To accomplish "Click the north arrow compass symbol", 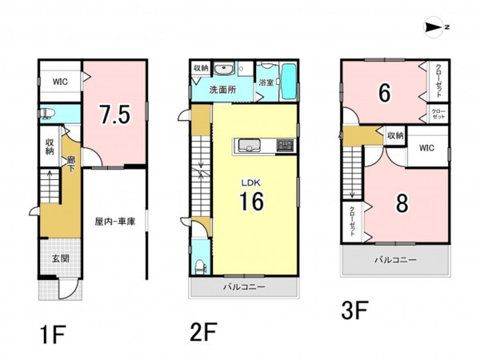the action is pyautogui.click(x=434, y=27).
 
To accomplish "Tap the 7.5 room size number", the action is pyautogui.click(x=115, y=114).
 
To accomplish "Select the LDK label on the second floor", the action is pyautogui.click(x=250, y=183).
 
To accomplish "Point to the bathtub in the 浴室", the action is pyautogui.click(x=288, y=81).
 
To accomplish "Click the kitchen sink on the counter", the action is pyautogui.click(x=249, y=145).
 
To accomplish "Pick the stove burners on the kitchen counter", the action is pyautogui.click(x=285, y=145).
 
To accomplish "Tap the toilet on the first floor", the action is pyautogui.click(x=47, y=114).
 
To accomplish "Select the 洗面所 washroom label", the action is pyautogui.click(x=222, y=90).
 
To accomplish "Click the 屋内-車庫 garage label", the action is pyautogui.click(x=115, y=222).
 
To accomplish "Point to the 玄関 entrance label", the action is pyautogui.click(x=60, y=258).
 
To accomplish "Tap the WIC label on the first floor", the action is pyautogui.click(x=60, y=82).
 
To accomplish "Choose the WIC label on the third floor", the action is pyautogui.click(x=426, y=148).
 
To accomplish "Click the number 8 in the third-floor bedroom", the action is pyautogui.click(x=402, y=203).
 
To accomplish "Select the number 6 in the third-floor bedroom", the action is pyautogui.click(x=385, y=93).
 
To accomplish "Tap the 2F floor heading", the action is pyautogui.click(x=203, y=332).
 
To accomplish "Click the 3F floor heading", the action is pyautogui.click(x=354, y=310).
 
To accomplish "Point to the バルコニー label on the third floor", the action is pyautogui.click(x=395, y=260).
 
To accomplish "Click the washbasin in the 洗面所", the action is pyautogui.click(x=224, y=69).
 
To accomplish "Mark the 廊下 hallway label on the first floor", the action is pyautogui.click(x=70, y=164).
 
